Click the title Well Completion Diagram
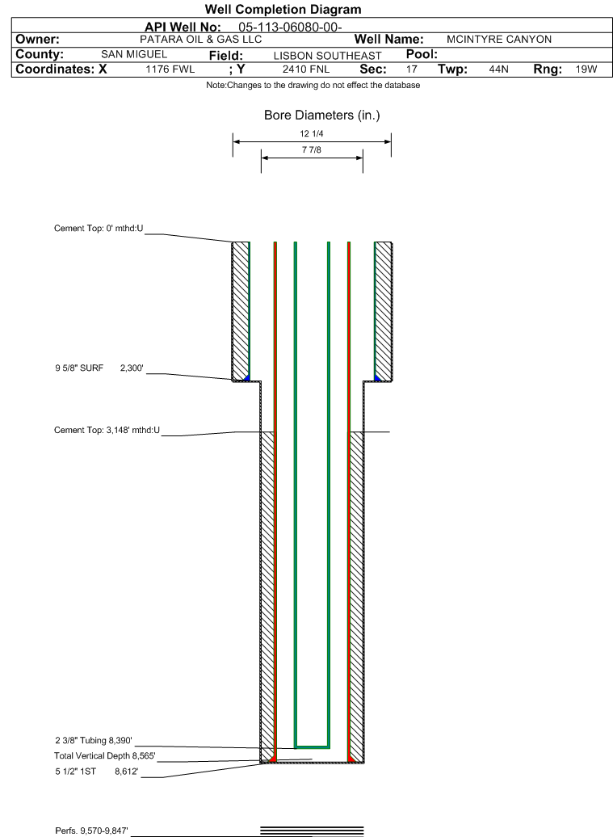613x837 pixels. pyautogui.click(x=283, y=9)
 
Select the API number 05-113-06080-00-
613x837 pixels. pyautogui.click(x=290, y=27)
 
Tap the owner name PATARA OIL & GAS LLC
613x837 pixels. pyautogui.click(x=200, y=40)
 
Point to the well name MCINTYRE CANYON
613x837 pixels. pyautogui.click(x=499, y=40)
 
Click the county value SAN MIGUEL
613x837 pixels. pyautogui.click(x=134, y=54)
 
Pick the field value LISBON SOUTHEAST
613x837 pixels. pyautogui.click(x=328, y=56)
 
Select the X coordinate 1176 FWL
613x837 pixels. pyautogui.click(x=170, y=69)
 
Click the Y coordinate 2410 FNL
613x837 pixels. pyautogui.click(x=306, y=69)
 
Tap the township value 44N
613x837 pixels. pyautogui.click(x=499, y=69)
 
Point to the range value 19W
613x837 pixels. pyautogui.click(x=586, y=69)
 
